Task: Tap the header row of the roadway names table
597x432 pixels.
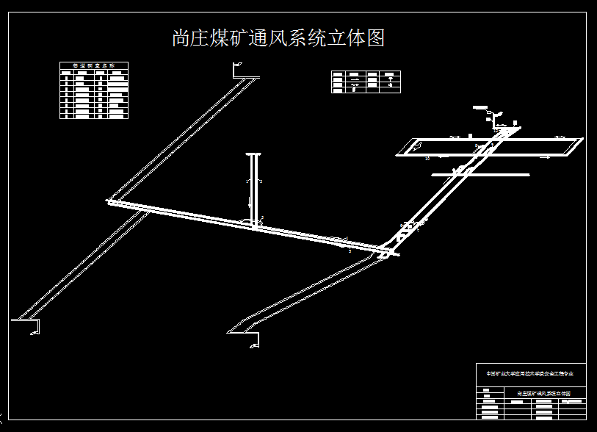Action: (94, 65)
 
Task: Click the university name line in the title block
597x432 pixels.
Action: (530, 374)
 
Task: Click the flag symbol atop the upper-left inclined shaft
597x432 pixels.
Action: (236, 68)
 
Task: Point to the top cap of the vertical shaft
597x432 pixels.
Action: (253, 154)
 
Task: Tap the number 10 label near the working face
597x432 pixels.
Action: (427, 158)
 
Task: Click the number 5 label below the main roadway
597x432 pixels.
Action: (350, 251)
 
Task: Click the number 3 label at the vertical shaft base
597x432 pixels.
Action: (261, 217)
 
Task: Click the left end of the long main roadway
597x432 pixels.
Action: (110, 201)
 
